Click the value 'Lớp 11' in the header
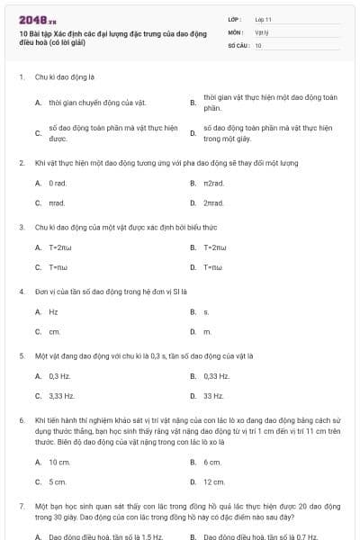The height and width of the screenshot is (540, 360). pos(264,18)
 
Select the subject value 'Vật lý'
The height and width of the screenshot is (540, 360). pos(261,31)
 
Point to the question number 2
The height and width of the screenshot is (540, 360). pos(22,164)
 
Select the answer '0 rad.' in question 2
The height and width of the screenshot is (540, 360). pos(58,184)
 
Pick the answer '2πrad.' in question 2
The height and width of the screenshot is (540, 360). pos(213,203)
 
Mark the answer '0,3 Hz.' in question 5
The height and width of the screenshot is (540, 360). pos(59,376)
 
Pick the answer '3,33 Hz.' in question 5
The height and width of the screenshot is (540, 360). pos(61,396)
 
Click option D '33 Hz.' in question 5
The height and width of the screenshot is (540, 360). pos(213,396)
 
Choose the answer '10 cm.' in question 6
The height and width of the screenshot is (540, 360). pos(59,462)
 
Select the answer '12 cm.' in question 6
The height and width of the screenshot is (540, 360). pos(213,481)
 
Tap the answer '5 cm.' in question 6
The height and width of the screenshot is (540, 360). pos(58,481)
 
